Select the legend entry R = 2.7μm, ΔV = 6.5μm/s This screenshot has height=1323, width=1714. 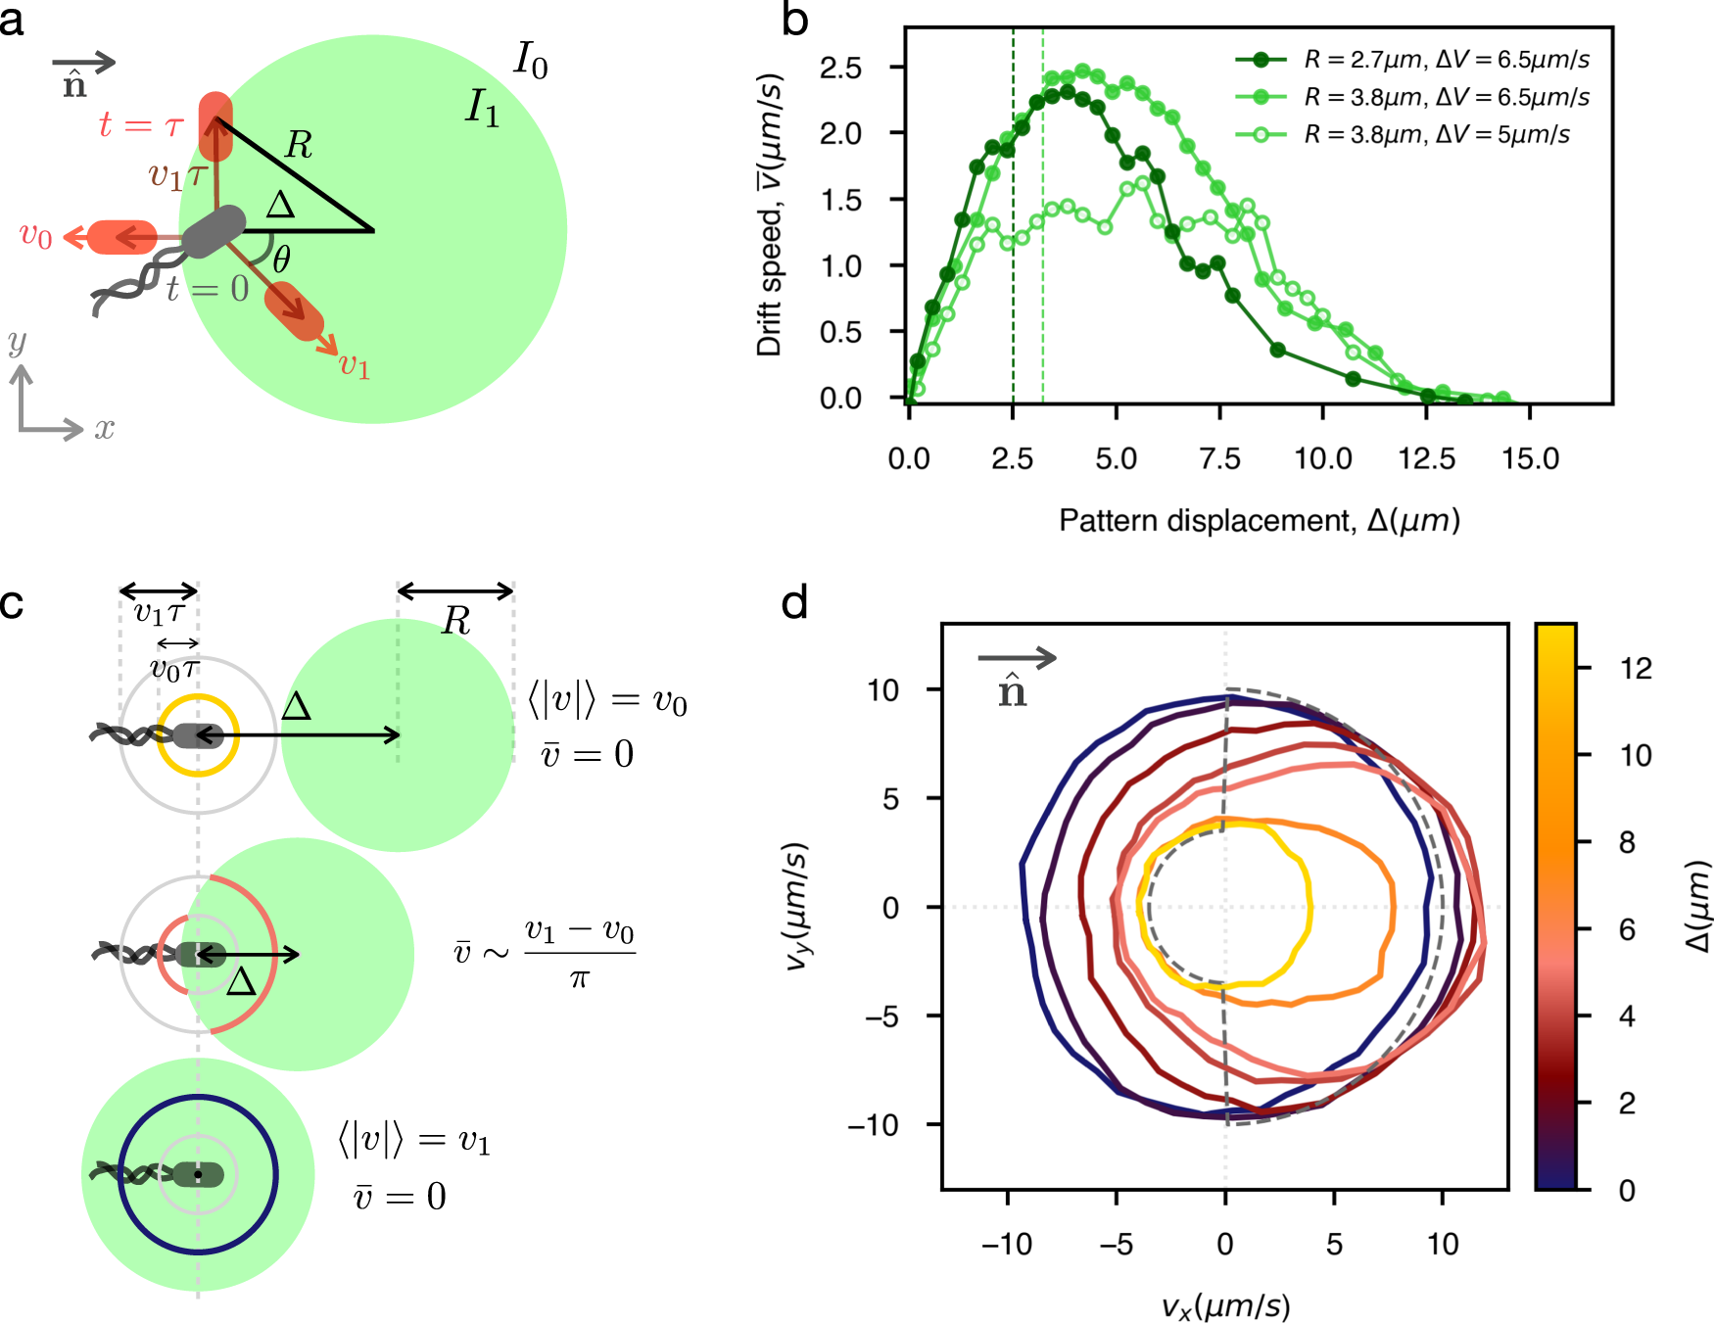point(1446,60)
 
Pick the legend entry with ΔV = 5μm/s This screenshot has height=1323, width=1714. point(1436,134)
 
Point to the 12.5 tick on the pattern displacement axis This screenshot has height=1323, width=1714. point(1426,458)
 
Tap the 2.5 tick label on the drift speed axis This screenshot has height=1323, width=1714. point(840,68)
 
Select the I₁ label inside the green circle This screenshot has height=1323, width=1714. point(482,108)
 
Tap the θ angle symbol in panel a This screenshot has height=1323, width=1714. point(281,260)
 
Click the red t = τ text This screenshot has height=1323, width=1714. point(141,125)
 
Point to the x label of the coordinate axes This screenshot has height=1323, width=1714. point(104,429)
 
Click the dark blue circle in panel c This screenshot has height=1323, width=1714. point(198,1096)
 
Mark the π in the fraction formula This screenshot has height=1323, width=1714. point(579,977)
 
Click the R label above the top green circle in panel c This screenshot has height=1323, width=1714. point(455,621)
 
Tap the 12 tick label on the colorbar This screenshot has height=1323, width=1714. point(1635,668)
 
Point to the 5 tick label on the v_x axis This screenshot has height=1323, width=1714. point(1333,1244)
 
